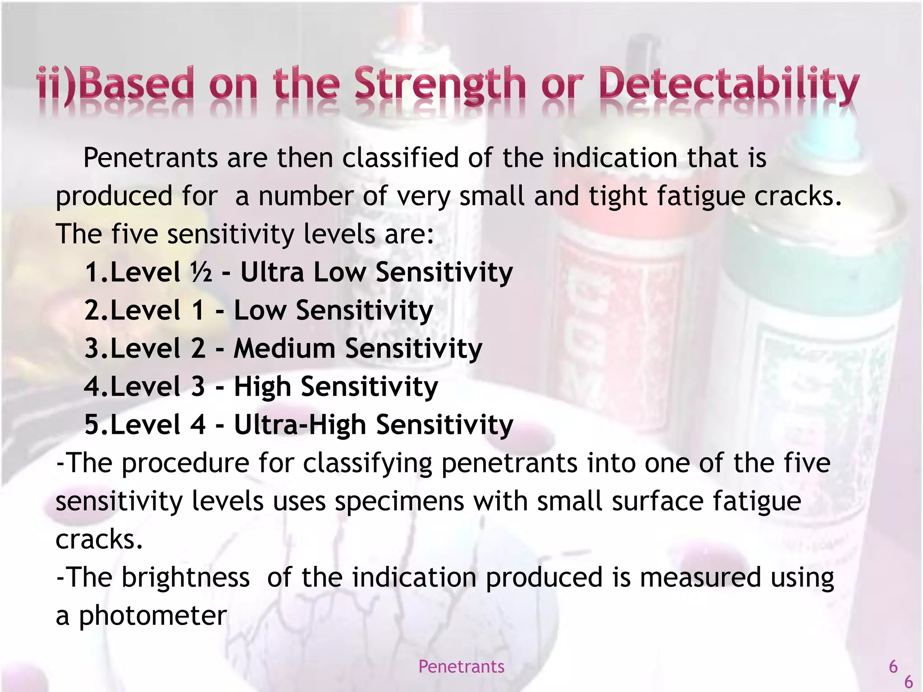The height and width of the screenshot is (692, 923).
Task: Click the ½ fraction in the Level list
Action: [x=201, y=272]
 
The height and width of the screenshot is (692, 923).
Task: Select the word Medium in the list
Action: [x=284, y=348]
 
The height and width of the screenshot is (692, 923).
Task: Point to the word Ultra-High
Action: [x=300, y=424]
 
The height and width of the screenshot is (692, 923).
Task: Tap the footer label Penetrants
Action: [x=461, y=666]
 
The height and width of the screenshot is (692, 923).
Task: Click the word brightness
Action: [x=185, y=577]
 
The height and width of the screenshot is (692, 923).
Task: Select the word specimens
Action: [x=399, y=501]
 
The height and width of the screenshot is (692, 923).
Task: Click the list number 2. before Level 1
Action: [x=96, y=310]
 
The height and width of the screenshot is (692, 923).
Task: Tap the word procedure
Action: [x=185, y=463]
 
